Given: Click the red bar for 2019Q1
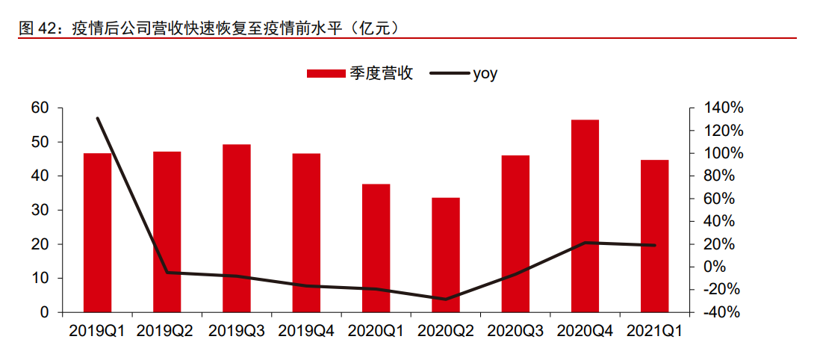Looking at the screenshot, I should point(97,232).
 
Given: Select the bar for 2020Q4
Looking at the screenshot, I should point(585,216).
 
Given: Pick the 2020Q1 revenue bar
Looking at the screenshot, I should point(376,248).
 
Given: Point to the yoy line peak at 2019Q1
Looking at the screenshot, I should point(98,118).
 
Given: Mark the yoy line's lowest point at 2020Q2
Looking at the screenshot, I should point(446,300).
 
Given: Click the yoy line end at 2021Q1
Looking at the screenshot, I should point(655,245).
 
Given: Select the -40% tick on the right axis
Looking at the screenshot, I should point(722,313).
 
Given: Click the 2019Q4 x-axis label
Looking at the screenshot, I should point(307,330).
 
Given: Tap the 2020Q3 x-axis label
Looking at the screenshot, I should point(516,330).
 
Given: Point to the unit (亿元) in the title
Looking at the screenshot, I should point(377,28).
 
